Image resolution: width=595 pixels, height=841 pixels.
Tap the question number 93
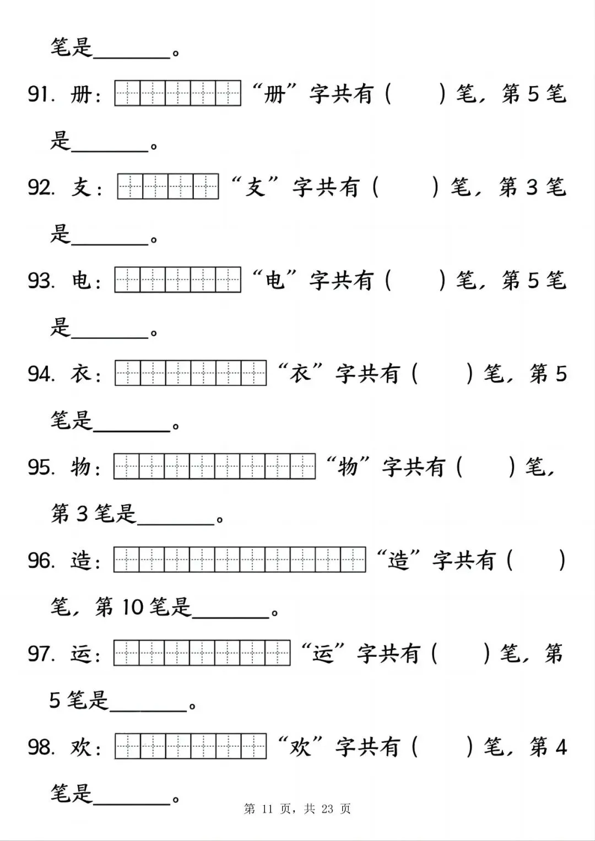(41, 281)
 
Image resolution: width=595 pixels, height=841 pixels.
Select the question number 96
(41, 560)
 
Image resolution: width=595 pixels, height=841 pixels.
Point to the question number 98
(41, 747)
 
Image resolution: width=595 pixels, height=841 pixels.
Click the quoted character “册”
(274, 94)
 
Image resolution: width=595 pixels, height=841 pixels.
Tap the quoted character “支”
(255, 187)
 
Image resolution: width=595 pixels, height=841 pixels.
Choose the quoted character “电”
(274, 281)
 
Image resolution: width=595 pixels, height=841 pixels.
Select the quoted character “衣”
(300, 374)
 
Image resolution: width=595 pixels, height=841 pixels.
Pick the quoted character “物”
(348, 467)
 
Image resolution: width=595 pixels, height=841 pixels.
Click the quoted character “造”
(398, 560)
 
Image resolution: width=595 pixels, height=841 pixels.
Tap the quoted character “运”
(322, 654)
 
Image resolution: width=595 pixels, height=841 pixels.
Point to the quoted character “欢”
(300, 747)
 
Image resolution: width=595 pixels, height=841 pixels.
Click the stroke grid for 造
(240, 560)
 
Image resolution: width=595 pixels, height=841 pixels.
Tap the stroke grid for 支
(168, 187)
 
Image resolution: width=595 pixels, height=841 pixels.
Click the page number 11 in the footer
(268, 809)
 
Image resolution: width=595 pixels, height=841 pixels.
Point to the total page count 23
(327, 809)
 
